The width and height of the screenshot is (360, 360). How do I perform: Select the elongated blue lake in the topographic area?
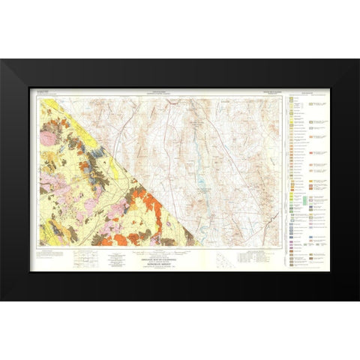click(200, 180)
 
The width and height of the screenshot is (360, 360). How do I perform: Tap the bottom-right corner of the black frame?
click(358, 299)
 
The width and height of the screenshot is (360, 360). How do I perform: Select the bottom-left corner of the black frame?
click(1, 299)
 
